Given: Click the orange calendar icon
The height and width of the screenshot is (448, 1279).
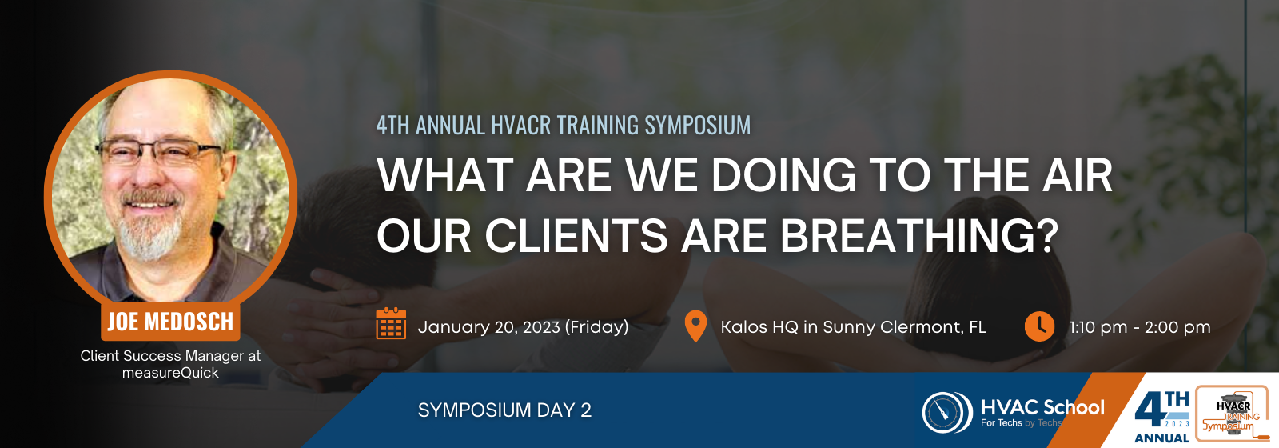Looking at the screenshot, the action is point(391,323).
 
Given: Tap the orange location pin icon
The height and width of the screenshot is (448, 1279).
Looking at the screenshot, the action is point(695,326).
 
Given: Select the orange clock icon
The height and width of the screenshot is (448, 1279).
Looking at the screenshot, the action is point(1039,326).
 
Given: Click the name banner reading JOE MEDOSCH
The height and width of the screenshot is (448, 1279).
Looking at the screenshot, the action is point(170,322).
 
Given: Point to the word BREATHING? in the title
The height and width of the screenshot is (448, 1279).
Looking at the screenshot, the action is point(918,235).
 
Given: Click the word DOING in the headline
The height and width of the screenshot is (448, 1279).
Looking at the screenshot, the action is point(783,175).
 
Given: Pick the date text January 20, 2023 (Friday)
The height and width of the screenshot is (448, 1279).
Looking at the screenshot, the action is point(523,327).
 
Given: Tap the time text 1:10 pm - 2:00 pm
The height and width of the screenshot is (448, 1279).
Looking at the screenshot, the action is point(1140,327).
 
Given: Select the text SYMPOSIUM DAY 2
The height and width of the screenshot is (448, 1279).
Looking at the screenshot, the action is point(504,410).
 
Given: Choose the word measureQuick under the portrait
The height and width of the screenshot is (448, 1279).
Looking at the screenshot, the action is point(170,373).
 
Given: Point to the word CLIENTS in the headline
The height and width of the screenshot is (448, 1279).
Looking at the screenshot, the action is point(576,235).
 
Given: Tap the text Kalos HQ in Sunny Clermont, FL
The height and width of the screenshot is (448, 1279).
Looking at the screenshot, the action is point(853,327).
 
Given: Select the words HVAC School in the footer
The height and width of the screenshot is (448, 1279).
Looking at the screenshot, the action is point(1042,407).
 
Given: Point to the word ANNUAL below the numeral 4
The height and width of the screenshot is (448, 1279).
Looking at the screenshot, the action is point(1161,438).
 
